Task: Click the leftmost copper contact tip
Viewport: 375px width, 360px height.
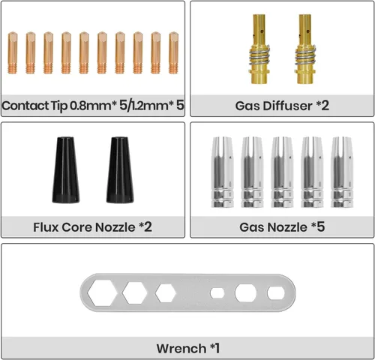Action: pyautogui.click(x=13, y=52)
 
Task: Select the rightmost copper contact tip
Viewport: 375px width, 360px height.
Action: pyautogui.click(x=173, y=52)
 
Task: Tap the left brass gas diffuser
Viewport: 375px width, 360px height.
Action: pyautogui.click(x=259, y=49)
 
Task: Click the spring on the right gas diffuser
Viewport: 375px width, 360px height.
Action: pyautogui.click(x=305, y=55)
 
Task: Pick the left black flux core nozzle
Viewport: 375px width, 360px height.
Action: pyautogui.click(x=66, y=170)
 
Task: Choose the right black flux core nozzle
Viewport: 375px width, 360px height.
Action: pyautogui.click(x=120, y=170)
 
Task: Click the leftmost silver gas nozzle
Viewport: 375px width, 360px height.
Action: pyautogui.click(x=222, y=172)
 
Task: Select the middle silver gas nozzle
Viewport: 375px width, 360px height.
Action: pyautogui.click(x=282, y=172)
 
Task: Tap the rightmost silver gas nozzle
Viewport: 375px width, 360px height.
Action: pyautogui.click(x=342, y=172)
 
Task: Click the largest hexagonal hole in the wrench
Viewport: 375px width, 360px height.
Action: pyautogui.click(x=102, y=292)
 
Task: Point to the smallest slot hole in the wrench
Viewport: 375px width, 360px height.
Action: pyautogui.click(x=217, y=293)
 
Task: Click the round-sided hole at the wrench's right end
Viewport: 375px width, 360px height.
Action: pyautogui.click(x=276, y=293)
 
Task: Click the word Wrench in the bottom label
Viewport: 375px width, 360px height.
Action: pyautogui.click(x=181, y=349)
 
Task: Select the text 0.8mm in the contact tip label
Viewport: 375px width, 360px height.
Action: pyautogui.click(x=91, y=106)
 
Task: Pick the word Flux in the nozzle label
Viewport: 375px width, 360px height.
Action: pyautogui.click(x=46, y=227)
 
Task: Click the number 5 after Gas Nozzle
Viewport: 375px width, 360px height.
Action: pyautogui.click(x=321, y=227)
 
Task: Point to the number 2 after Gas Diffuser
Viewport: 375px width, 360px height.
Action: pyautogui.click(x=325, y=106)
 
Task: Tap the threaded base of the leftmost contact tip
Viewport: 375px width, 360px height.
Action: pyautogui.click(x=13, y=69)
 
